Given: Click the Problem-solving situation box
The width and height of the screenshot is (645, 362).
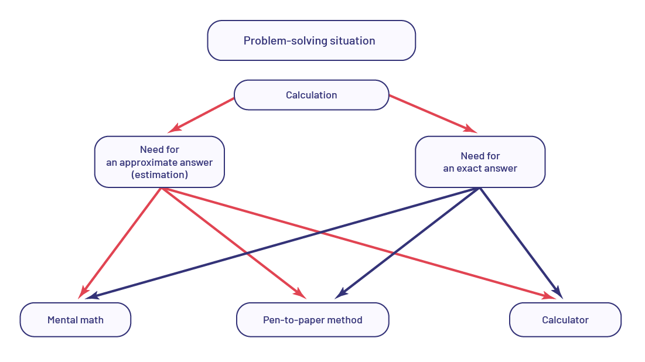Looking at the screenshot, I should [x=311, y=40].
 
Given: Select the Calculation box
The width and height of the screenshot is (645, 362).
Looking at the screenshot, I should [x=311, y=95].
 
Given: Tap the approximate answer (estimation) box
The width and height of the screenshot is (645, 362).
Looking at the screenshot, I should [x=159, y=162].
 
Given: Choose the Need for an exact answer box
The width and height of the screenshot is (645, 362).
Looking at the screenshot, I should [x=480, y=162].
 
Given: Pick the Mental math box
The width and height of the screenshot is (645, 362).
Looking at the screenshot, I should [x=76, y=320].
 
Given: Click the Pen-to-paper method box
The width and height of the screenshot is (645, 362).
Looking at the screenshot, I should [x=312, y=320].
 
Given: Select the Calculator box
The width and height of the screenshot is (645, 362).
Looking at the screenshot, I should [x=565, y=320].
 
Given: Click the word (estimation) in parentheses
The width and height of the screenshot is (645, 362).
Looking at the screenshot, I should [x=159, y=175].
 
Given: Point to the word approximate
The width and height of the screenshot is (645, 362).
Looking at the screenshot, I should [x=151, y=162].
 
